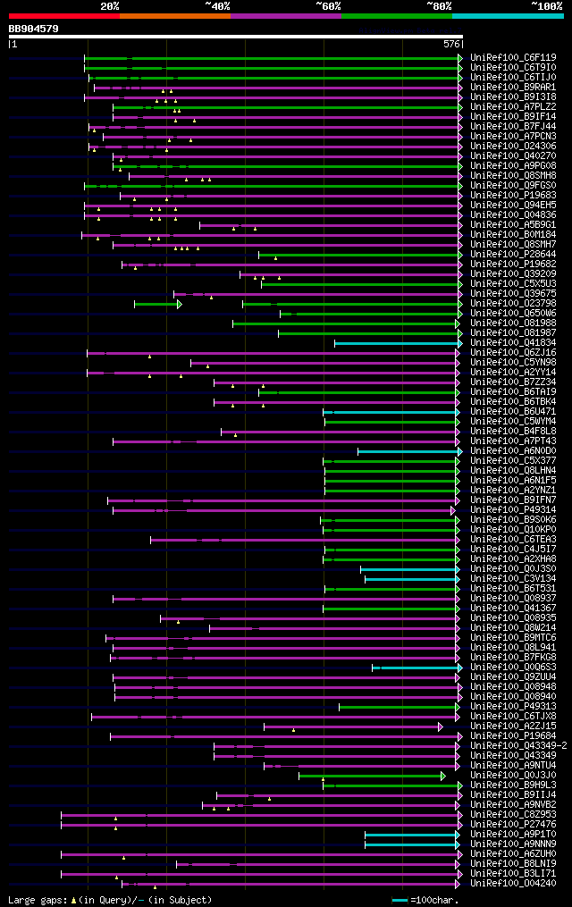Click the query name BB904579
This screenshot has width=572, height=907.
(33, 29)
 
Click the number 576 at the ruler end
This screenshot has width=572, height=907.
(451, 43)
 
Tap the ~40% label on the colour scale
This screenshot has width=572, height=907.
(217, 5)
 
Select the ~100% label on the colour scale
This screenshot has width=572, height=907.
(546, 5)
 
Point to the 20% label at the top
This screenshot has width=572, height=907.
(110, 5)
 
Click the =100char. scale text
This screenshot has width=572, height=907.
(435, 900)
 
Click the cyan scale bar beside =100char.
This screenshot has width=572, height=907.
(400, 900)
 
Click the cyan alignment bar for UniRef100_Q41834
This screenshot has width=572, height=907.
(397, 342)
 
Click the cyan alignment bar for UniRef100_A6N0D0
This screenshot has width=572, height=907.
(408, 451)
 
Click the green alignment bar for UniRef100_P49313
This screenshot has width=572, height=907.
(398, 707)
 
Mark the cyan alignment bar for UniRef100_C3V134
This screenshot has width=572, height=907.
(411, 579)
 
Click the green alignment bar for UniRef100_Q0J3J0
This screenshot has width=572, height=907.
(370, 776)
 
